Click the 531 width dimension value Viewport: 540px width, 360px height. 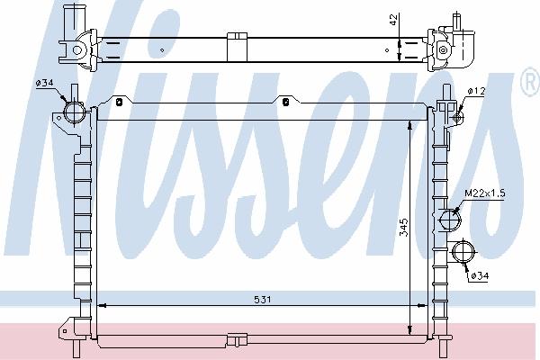click(x=263, y=300)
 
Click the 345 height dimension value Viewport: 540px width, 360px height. click(x=404, y=227)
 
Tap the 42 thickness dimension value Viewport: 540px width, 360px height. click(x=393, y=19)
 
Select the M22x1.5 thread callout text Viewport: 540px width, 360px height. click(x=485, y=193)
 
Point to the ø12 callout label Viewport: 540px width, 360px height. click(x=476, y=91)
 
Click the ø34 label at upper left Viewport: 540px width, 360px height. click(x=44, y=83)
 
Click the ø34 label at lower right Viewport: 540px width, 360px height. click(x=480, y=275)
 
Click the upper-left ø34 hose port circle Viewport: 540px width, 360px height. click(x=74, y=112)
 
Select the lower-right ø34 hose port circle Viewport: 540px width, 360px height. click(x=463, y=252)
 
